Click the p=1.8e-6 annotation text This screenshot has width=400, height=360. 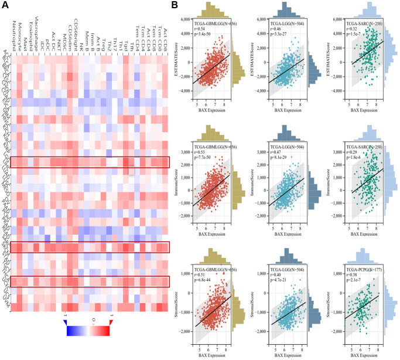352,159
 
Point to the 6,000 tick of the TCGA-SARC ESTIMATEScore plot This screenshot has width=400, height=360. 330,19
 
